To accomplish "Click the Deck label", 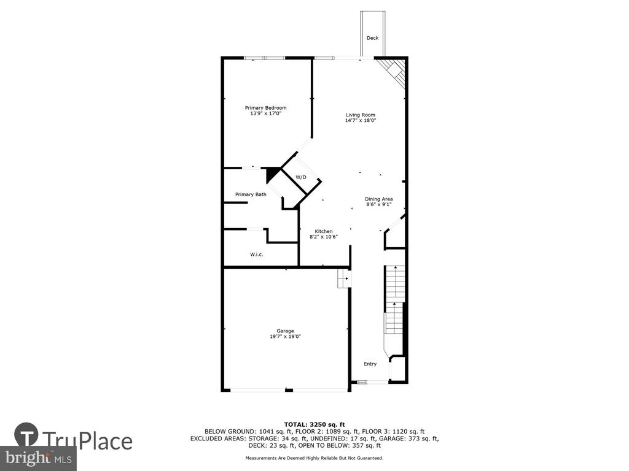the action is pyautogui.click(x=372, y=38).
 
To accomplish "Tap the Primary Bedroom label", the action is pyautogui.click(x=265, y=108).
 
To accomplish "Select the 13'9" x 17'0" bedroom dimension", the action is pyautogui.click(x=265, y=113).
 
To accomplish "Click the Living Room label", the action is pyautogui.click(x=360, y=115).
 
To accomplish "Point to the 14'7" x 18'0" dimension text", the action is pyautogui.click(x=360, y=121).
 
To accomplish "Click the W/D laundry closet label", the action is pyautogui.click(x=301, y=177).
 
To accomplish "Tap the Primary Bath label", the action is pyautogui.click(x=251, y=194).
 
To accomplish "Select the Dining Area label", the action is pyautogui.click(x=378, y=199).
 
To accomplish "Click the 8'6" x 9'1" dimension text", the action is pyautogui.click(x=378, y=204).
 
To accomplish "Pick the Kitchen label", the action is pyautogui.click(x=323, y=231).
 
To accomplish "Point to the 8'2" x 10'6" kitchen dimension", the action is pyautogui.click(x=323, y=237).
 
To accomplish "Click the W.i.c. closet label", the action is pyautogui.click(x=257, y=255).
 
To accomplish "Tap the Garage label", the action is pyautogui.click(x=285, y=331).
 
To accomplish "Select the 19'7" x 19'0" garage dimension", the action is pyautogui.click(x=285, y=337).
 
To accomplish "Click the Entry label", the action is pyautogui.click(x=370, y=364).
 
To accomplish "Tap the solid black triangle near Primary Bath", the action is pyautogui.click(x=272, y=174).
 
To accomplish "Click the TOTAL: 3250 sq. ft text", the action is pyautogui.click(x=314, y=424).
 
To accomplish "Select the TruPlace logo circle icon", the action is pyautogui.click(x=26, y=435).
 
